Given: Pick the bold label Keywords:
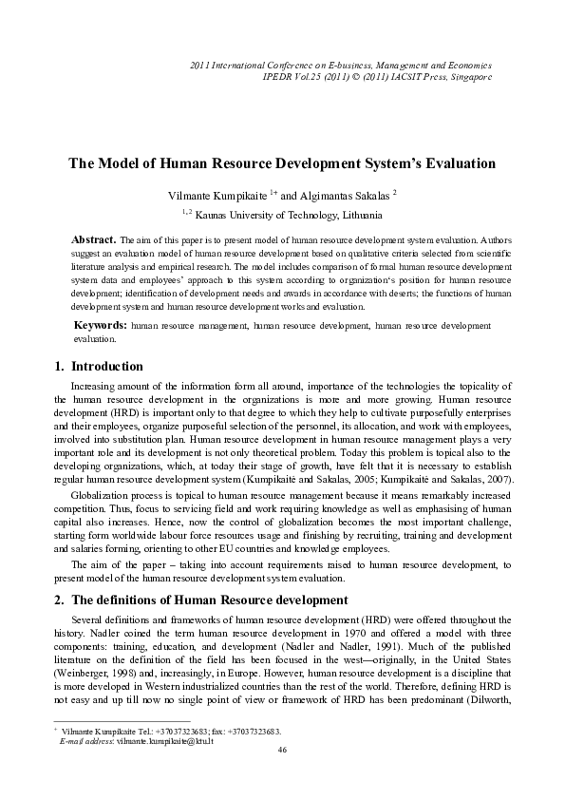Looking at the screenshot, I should (102, 325).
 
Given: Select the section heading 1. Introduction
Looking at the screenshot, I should (95, 366).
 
